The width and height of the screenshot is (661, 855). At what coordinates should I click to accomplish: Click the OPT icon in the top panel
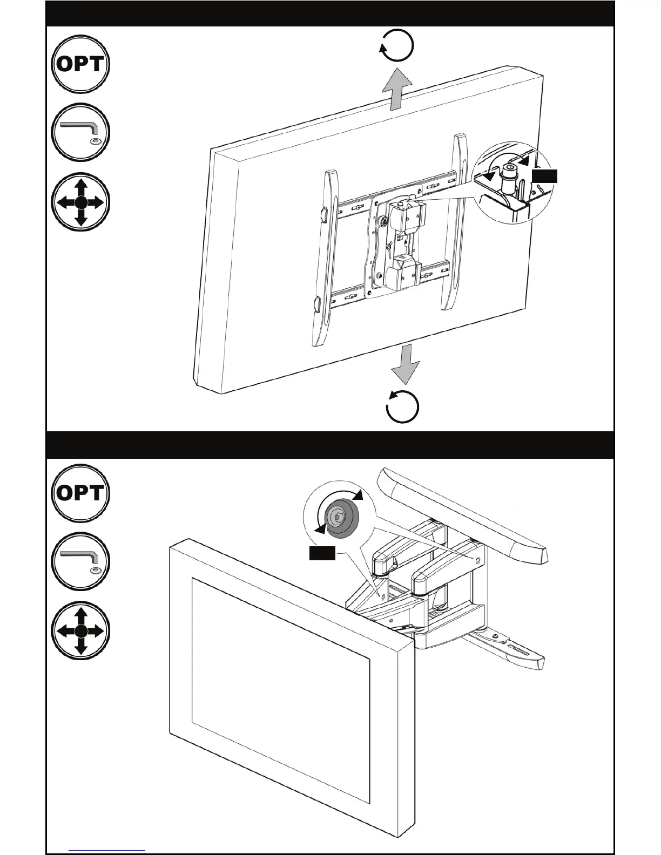click(x=80, y=64)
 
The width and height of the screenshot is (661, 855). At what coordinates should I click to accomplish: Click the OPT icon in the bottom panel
click(x=80, y=493)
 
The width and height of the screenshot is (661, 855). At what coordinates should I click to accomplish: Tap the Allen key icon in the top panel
click(x=80, y=132)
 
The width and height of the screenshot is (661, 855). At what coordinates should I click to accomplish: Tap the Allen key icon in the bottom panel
click(x=80, y=561)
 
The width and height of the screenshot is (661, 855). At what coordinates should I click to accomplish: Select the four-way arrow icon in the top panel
click(x=80, y=202)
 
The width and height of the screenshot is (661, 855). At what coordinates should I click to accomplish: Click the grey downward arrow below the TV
click(x=405, y=364)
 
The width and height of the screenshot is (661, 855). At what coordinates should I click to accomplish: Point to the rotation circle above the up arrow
click(x=397, y=45)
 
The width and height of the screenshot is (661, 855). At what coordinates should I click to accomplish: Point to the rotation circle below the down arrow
click(x=403, y=406)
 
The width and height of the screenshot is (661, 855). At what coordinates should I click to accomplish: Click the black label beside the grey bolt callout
click(x=322, y=553)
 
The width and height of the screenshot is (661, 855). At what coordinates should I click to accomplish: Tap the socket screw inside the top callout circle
click(x=509, y=178)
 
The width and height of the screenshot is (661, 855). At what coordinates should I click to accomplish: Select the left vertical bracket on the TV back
click(x=326, y=259)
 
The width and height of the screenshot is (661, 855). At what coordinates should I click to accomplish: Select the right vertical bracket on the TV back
click(x=456, y=221)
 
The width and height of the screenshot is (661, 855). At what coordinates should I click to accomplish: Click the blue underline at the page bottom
click(x=107, y=851)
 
